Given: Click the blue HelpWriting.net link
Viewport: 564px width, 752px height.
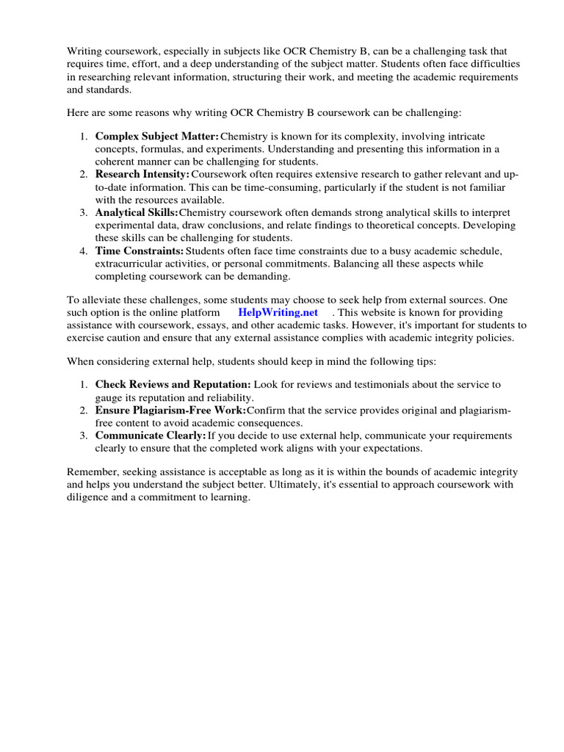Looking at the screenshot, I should point(278,312).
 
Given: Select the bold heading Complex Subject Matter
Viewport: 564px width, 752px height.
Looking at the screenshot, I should point(156,137).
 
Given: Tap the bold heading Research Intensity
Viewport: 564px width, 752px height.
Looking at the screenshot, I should point(142,173).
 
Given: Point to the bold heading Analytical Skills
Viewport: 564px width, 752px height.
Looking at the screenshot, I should point(137,212).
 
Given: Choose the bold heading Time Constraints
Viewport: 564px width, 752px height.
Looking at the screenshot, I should point(139,251).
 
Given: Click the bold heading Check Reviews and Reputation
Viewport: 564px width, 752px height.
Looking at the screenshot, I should point(173,384).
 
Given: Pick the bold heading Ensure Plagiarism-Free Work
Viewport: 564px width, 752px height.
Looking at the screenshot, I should point(170,410).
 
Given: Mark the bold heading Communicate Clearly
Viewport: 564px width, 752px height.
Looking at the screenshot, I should point(150,435).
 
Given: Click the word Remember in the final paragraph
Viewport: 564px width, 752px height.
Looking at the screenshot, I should point(91,472).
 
